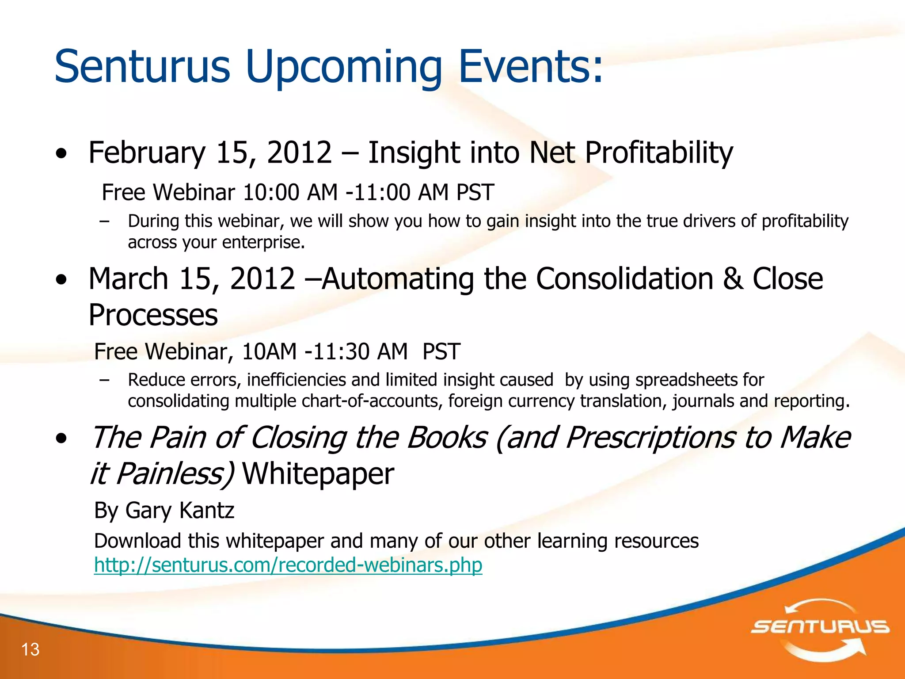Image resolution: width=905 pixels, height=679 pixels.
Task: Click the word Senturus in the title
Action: coord(142,67)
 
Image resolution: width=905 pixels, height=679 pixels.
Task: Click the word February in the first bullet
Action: coord(147,153)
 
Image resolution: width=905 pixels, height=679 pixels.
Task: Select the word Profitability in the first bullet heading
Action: coord(659,153)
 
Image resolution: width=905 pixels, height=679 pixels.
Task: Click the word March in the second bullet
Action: coord(128,279)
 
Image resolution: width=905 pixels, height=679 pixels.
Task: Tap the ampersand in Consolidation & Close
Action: coord(733,279)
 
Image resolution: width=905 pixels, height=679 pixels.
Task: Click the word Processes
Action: coord(153,316)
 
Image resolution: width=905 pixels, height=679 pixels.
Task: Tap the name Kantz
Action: coord(207,511)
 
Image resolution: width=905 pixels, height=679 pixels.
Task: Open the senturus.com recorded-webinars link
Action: coord(288,565)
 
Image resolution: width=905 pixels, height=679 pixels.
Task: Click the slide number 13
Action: coord(30,649)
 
